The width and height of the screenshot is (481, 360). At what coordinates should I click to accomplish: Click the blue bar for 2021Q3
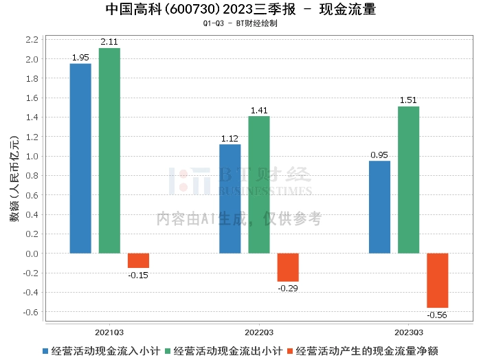tap(80, 159)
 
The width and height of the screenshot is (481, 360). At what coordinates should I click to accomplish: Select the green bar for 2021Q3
tap(109, 150)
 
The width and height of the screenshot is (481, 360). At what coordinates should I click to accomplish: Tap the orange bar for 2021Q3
tap(138, 260)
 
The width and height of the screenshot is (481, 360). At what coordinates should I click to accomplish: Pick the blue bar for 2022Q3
tap(230, 199)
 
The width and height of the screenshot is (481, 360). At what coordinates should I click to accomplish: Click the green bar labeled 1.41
tap(259, 185)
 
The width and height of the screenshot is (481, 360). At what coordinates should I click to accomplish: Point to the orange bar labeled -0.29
tap(288, 267)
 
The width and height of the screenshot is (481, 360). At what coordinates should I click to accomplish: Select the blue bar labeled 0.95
tap(379, 207)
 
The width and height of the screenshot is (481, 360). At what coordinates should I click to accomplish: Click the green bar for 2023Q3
tap(408, 180)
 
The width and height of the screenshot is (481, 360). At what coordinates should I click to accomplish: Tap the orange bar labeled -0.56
tap(437, 280)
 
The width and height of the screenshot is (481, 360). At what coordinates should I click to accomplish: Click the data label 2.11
tap(109, 42)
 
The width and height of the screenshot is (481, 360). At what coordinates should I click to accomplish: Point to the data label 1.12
tap(230, 139)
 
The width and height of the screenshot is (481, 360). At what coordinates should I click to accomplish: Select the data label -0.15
tap(138, 275)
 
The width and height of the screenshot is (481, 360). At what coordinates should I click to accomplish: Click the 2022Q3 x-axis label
tap(259, 331)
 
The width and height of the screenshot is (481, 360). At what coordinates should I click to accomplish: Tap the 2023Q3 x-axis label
tap(408, 331)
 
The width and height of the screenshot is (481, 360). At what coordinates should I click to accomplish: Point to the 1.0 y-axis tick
tap(31, 156)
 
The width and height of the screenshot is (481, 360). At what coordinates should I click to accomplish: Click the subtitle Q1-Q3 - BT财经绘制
tap(240, 23)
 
